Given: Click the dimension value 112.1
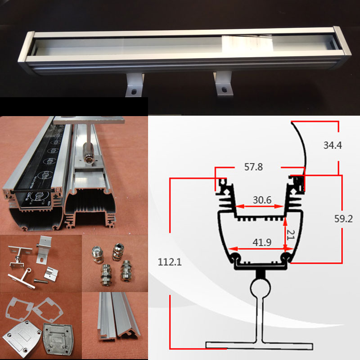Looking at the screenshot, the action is point(170,262).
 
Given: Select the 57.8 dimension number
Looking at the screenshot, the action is point(253,167).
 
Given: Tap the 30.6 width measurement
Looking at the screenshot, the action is point(262,200).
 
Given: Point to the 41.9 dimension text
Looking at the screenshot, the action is point(262,242).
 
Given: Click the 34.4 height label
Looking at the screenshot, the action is point(333,145).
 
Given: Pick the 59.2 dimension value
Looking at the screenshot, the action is point(343,219).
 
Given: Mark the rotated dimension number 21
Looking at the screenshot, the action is point(291,235).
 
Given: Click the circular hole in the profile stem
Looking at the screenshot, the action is point(260,288).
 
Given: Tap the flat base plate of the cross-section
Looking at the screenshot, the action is point(259,345).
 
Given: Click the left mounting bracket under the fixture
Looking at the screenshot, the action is point(134,85).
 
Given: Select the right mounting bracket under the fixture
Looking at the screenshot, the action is point(223,83).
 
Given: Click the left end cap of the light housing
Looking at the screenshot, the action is point(26,52).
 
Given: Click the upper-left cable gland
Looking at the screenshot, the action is point(98,254).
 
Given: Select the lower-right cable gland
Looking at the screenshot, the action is point(126,270).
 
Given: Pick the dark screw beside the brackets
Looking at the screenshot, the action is point(41,280).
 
